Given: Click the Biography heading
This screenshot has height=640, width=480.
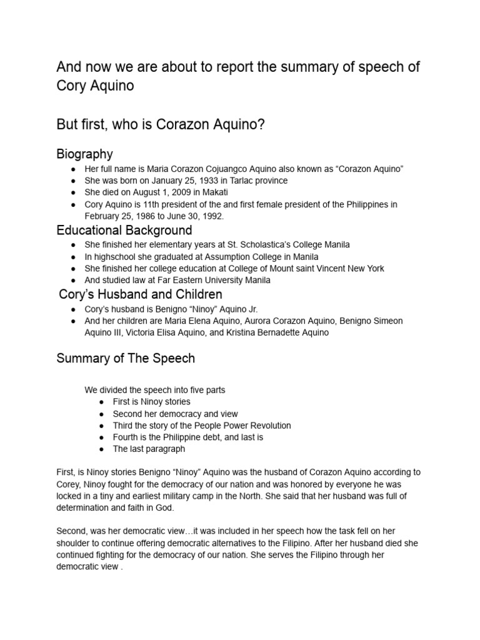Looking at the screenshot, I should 84,154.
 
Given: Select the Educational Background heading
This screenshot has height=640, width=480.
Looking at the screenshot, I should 124,231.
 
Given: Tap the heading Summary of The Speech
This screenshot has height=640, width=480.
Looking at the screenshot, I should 126,358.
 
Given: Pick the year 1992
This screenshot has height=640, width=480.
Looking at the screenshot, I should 211,216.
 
